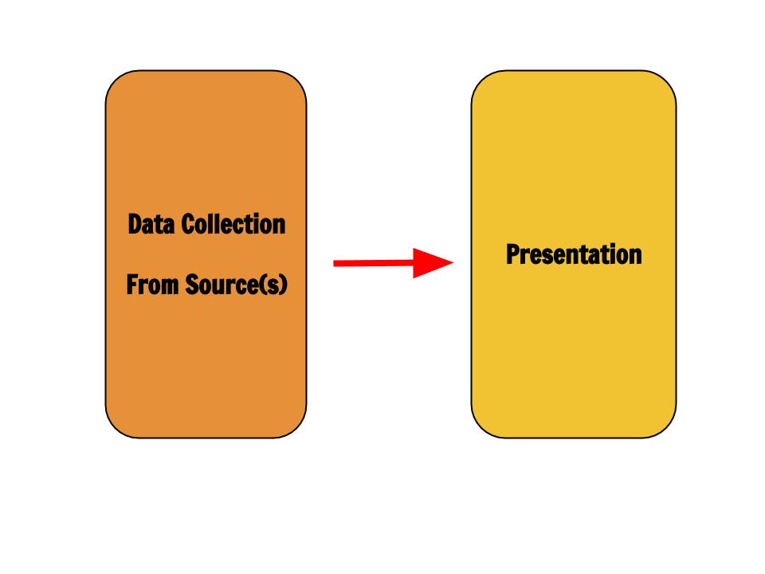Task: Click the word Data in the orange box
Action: pos(151,225)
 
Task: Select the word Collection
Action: pos(233,225)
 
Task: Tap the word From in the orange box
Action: pos(152,285)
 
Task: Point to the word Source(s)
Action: pos(236,285)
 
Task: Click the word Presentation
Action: pos(574,254)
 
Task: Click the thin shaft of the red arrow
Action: pos(373,263)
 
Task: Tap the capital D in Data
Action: pos(134,225)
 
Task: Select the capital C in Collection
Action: pos(188,225)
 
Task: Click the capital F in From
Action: pos(132,285)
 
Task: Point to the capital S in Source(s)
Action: pos(192,285)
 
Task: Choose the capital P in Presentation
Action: pos(512,254)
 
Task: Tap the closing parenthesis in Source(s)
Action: pos(284,285)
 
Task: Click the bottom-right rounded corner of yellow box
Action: pos(665,427)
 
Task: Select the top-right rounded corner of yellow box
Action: pos(665,81)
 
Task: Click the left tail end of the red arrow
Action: pos(334,264)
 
